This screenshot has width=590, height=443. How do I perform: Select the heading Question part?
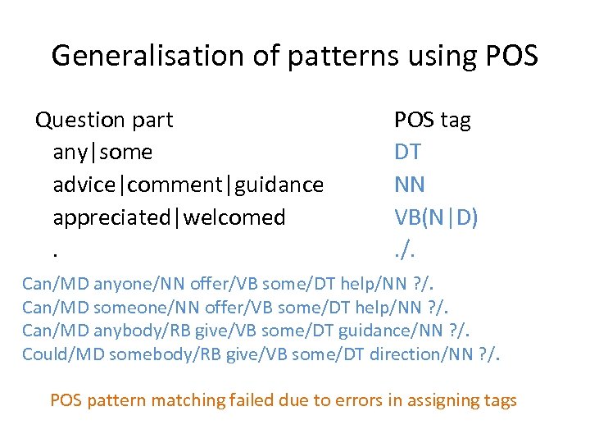(104, 120)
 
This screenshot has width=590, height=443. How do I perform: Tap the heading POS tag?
(433, 120)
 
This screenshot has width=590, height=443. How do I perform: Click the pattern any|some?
(102, 152)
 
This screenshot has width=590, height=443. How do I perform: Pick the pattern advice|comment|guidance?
(188, 185)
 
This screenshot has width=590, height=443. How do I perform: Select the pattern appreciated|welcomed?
(169, 217)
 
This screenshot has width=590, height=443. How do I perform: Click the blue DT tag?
(409, 152)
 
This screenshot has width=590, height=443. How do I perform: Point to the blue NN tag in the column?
(410, 185)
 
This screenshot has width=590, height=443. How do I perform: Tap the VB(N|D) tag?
(437, 217)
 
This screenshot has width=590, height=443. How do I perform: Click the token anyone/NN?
(138, 284)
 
